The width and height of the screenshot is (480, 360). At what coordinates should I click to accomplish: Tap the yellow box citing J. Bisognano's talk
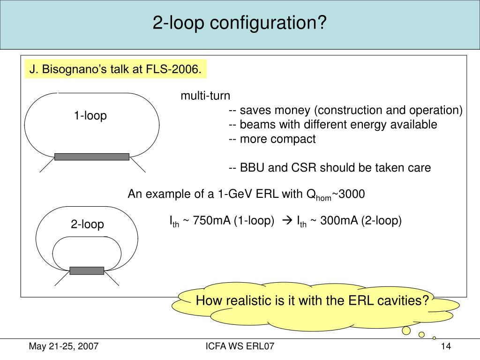115,70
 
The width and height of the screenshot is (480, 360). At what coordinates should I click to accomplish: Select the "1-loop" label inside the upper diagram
90,115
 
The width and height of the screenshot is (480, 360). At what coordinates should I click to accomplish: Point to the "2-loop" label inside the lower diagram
88,225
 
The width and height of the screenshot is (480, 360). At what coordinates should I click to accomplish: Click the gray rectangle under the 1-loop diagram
91,157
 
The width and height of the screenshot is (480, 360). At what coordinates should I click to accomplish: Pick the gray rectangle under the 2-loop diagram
87,270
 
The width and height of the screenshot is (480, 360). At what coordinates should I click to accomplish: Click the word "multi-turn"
206,96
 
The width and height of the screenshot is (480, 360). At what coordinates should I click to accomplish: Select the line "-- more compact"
272,139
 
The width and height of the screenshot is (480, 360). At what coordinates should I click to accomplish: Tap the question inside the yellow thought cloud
312,300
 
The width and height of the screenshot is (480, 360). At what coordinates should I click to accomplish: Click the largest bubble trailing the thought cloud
406,330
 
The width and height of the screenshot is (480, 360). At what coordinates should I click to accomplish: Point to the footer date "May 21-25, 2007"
64,346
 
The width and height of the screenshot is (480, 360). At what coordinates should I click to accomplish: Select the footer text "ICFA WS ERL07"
240,346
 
